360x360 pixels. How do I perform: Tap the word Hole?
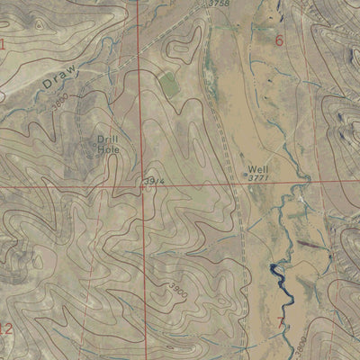click(x=108, y=149)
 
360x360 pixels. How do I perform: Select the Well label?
click(x=256, y=168)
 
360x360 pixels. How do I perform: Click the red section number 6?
click(x=279, y=40)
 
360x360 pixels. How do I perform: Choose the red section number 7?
click(x=281, y=321)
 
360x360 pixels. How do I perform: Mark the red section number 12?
click(x=6, y=328)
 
